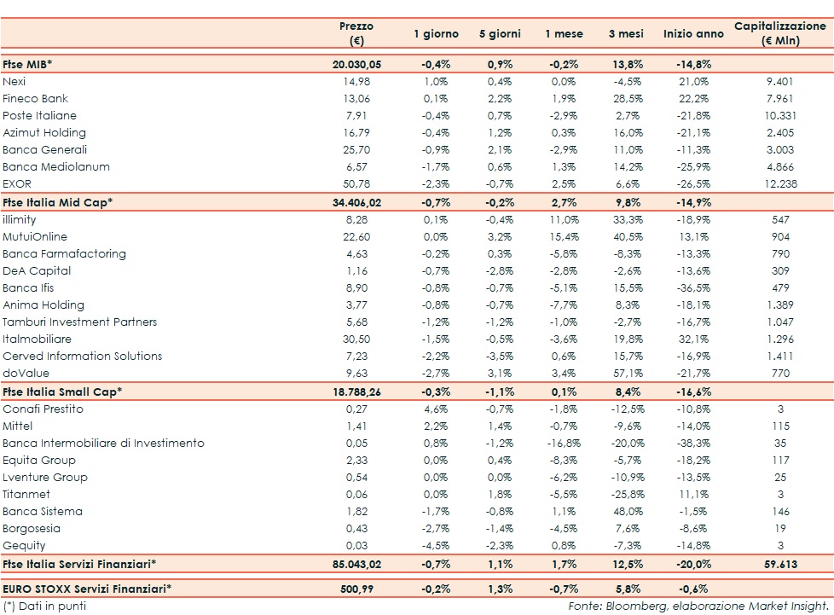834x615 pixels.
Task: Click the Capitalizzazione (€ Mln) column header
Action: coord(780,33)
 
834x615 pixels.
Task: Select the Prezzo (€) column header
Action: coord(356,33)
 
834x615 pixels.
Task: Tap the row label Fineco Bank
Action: coord(36,98)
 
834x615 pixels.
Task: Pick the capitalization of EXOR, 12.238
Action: coord(780,183)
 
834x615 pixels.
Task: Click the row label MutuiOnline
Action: coord(35,236)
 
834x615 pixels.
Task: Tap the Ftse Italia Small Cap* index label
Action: coord(63,392)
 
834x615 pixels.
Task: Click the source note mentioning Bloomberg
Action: coord(698,606)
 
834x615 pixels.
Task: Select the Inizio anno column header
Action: coord(692,34)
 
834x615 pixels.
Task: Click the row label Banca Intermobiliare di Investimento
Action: coord(103,443)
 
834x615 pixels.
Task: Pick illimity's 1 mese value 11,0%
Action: coord(565,219)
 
